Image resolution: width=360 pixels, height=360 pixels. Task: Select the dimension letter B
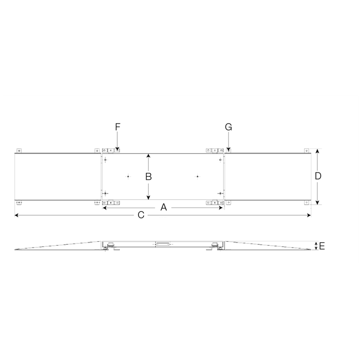[x=148, y=176]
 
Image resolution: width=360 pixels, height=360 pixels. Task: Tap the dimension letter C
[x=141, y=216]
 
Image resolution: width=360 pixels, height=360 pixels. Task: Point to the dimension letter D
[x=318, y=176]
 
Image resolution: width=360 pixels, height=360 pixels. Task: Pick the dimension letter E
[x=322, y=246]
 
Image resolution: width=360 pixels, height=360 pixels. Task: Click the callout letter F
[x=117, y=127]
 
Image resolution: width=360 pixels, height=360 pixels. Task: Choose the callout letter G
[x=228, y=127]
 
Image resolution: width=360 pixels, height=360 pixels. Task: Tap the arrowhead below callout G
[x=228, y=149]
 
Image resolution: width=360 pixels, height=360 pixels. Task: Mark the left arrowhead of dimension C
[x=17, y=216]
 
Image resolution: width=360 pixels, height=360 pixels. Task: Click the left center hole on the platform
[x=128, y=176]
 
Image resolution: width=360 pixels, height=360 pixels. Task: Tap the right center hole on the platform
[x=197, y=176]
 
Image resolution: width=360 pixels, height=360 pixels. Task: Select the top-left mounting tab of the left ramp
[x=19, y=150]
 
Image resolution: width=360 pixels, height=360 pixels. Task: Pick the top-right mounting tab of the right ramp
[x=307, y=150]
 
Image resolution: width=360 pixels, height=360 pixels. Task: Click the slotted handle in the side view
[x=162, y=245]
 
